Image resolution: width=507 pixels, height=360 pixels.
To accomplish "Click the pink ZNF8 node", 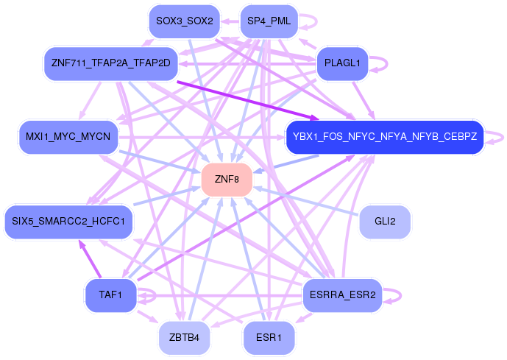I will [227, 179].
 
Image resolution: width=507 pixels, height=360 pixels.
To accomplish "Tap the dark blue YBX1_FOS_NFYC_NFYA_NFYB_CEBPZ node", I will [384, 137].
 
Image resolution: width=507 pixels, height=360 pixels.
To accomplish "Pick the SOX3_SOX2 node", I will [184, 21].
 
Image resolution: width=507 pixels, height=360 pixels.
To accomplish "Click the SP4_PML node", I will [269, 21].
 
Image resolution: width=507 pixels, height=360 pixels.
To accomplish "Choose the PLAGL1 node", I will [342, 64].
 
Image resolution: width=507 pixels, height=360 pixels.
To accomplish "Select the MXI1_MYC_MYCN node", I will [68, 137].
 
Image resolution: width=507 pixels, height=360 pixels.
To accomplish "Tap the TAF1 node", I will [111, 295].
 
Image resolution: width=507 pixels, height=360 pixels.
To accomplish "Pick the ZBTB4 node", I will [184, 338].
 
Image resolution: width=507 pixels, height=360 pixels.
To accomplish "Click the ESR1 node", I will [269, 338].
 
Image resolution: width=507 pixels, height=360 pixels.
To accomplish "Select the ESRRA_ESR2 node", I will [342, 295].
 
